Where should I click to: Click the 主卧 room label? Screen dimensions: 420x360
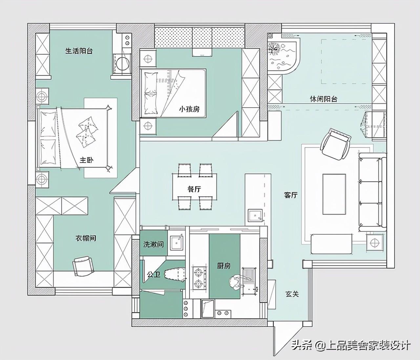86,160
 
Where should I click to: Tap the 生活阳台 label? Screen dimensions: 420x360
79,51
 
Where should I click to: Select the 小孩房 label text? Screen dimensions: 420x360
189,109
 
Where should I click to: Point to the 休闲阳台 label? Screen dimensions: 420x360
324,99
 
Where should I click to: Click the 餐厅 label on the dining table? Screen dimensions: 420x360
194,189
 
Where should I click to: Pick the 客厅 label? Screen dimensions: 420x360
291,195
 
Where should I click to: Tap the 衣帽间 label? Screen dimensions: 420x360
86,238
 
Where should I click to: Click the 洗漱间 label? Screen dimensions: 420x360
154,244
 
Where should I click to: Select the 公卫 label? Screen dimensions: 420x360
154,274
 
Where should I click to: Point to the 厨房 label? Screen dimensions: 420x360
224,266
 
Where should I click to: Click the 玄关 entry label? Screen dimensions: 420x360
292,294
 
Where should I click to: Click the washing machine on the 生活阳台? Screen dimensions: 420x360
122,63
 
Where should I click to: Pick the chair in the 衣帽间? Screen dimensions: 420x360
83,266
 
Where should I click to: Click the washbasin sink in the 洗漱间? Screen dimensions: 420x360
177,242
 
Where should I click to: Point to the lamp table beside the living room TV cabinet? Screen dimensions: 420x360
374,243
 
